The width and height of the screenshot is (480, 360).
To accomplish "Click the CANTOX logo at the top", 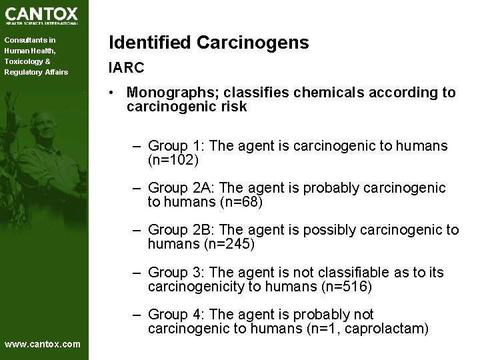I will coord(41,15).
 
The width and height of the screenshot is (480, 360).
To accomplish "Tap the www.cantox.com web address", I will coord(42,344).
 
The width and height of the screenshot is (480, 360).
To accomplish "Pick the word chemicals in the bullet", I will coord(311,93).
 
